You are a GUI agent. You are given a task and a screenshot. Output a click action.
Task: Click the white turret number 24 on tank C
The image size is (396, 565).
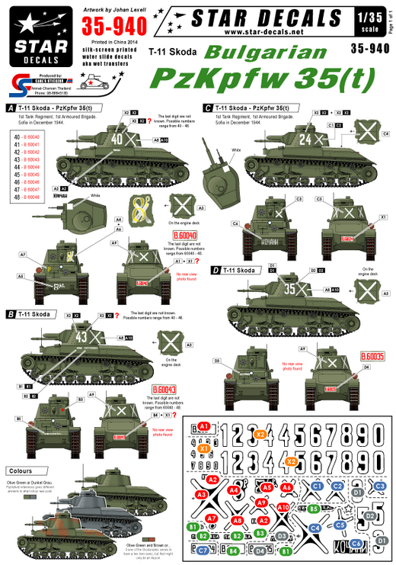coord(306,139)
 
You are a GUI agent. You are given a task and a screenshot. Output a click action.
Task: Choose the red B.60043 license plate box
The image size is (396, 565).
coord(163,390)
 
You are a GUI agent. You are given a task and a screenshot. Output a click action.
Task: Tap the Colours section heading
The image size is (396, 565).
coord(21,471)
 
